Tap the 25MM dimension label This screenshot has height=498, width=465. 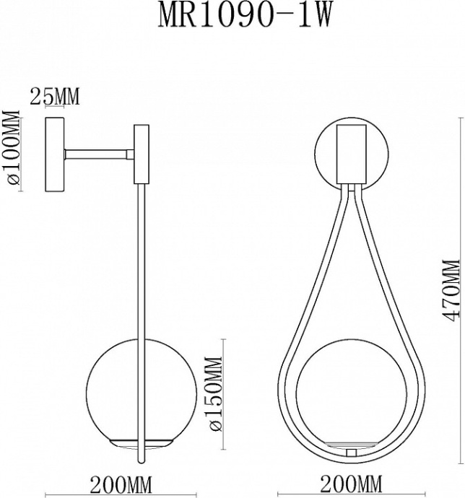(53, 95)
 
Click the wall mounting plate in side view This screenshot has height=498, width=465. (54, 154)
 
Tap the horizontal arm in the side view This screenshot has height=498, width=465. (97, 154)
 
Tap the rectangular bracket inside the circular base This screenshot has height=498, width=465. (352, 153)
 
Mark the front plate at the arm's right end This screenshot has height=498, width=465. (142, 154)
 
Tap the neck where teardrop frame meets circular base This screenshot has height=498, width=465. (352, 189)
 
